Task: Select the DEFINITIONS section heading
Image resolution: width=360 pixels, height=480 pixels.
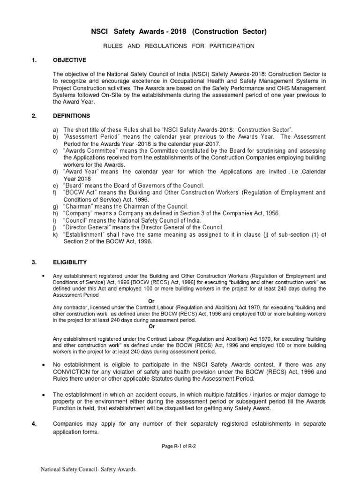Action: [72, 115]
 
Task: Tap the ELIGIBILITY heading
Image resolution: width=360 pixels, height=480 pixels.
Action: [70, 262]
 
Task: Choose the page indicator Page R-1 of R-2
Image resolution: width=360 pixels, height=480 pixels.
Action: [179, 446]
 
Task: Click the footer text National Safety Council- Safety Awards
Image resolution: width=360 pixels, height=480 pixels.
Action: [87, 469]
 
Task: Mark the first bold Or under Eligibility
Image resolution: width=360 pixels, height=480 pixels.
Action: [151, 301]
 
